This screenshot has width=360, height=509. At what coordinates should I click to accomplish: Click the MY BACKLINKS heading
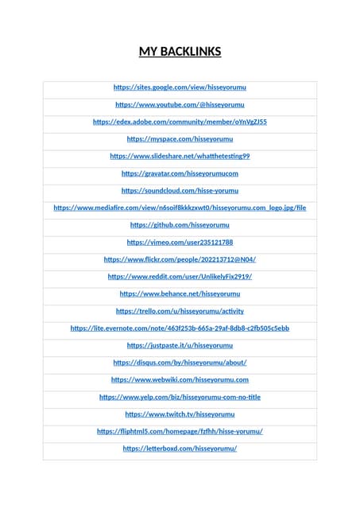point(180,52)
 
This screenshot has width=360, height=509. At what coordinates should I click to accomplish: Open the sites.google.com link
point(180,87)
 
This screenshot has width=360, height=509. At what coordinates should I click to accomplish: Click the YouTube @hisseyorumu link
point(180,104)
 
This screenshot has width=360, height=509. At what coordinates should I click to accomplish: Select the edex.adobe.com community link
point(180,122)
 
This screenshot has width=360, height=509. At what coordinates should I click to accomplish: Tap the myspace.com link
point(180,139)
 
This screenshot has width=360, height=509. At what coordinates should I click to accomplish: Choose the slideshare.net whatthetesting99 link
point(180,156)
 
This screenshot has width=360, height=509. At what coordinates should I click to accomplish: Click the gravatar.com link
point(180,173)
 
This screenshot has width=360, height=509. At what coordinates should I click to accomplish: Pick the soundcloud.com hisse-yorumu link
point(180,191)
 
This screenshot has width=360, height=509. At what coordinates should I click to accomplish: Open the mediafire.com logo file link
point(180,208)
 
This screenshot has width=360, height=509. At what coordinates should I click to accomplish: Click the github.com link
point(180,225)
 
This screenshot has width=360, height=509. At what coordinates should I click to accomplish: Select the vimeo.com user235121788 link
point(180,242)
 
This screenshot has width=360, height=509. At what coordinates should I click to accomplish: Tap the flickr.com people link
point(180,259)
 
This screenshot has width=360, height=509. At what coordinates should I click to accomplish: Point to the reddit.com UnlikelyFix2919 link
point(180,277)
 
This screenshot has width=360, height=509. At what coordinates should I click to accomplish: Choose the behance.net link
point(180,293)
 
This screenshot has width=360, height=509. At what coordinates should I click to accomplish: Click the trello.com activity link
point(180,311)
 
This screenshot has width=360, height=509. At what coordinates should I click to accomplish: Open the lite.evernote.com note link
point(180,328)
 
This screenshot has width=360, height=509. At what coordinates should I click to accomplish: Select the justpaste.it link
point(180,345)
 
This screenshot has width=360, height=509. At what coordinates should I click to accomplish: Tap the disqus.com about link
point(180,363)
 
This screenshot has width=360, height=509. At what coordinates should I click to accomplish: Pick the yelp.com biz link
point(180,397)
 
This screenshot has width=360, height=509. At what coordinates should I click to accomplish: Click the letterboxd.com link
point(180,449)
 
